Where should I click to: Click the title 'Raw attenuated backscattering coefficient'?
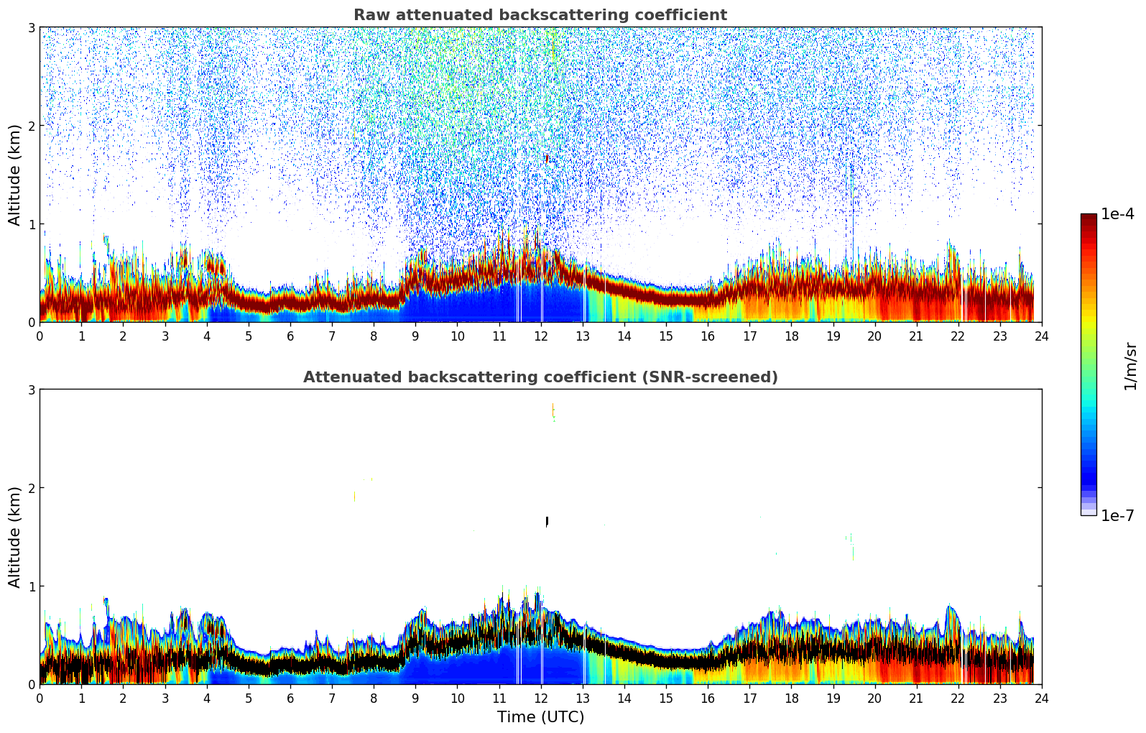coord(540,15)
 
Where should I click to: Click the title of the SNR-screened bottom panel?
coord(540,377)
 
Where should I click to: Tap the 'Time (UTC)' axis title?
coord(540,716)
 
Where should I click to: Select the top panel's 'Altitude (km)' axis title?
coord(14,175)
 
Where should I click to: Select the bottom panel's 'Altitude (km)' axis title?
coord(14,537)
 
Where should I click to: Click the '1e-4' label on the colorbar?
coord(1117,214)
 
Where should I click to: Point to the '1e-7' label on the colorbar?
coord(1117,515)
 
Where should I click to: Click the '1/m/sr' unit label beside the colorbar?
coord(1130,365)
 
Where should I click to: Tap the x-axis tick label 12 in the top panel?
coord(540,336)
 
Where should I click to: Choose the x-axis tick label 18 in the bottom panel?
coord(791,698)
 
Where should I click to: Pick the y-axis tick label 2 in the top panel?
coord(32,126)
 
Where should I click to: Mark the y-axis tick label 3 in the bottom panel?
coord(32,389)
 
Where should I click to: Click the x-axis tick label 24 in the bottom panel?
coord(1041,698)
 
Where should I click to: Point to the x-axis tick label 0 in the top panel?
coord(40,336)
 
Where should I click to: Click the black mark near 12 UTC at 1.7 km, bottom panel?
coord(547,521)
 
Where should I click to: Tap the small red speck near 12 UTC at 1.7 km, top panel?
coord(547,158)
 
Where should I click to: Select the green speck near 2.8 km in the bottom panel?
coord(553,411)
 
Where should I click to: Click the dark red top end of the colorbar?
coord(1089,218)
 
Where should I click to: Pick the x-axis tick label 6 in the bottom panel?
coord(290,698)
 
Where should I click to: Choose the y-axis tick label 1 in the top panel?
coord(32,224)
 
